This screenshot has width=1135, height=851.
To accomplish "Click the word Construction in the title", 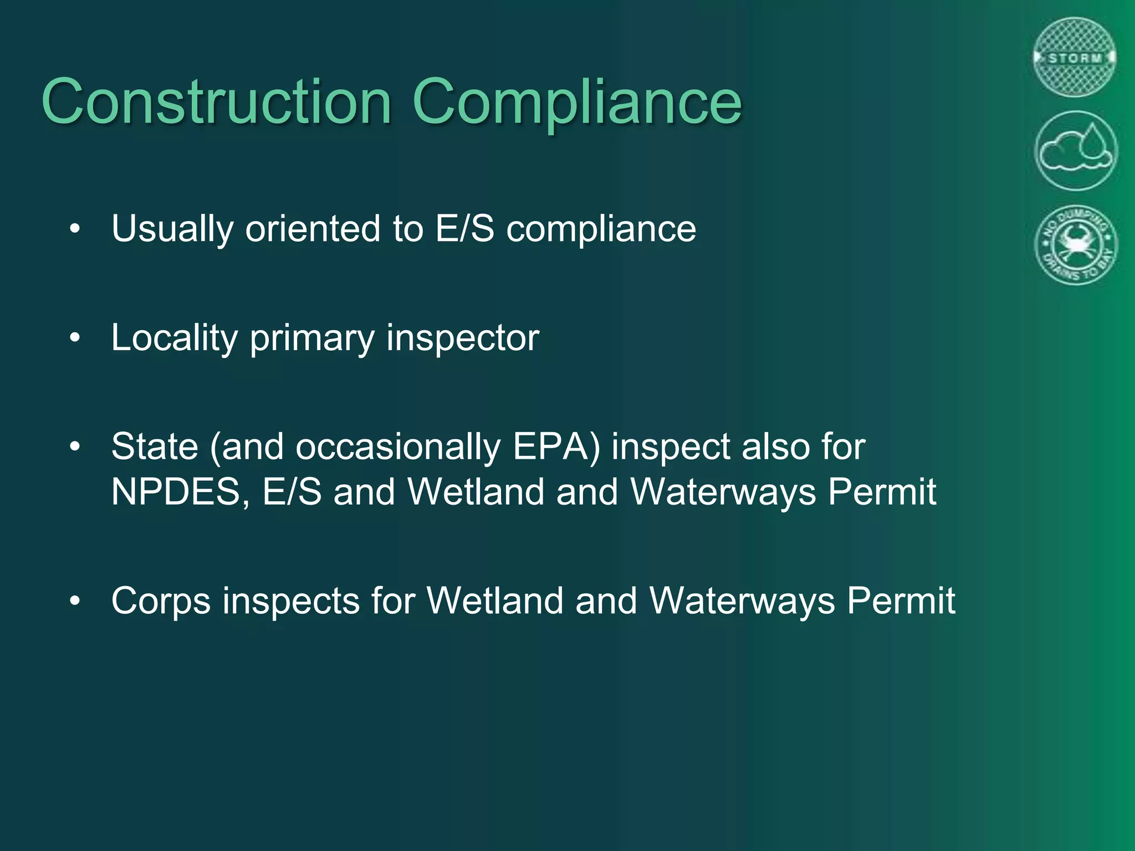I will point(217,102).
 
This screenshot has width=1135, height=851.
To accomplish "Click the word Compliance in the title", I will point(576,103).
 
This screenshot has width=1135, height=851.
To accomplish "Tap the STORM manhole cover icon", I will point(1075,58).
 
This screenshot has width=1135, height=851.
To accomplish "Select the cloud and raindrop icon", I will point(1076,151).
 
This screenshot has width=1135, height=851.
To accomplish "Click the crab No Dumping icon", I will point(1076,245).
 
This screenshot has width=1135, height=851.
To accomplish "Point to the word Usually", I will point(172,229).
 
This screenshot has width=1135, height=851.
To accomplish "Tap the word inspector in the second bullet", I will point(463,337).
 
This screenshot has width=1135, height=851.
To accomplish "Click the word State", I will point(155,447).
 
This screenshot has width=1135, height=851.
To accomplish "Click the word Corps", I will point(161,601).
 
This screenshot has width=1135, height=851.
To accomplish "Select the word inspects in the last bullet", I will point(291,601).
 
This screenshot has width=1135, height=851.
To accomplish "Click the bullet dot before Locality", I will point(75,337).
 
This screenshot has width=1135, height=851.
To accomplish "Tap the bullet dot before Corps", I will point(75,601).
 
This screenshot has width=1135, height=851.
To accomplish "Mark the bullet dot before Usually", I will point(75,228).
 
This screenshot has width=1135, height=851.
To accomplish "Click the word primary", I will point(312,339).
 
